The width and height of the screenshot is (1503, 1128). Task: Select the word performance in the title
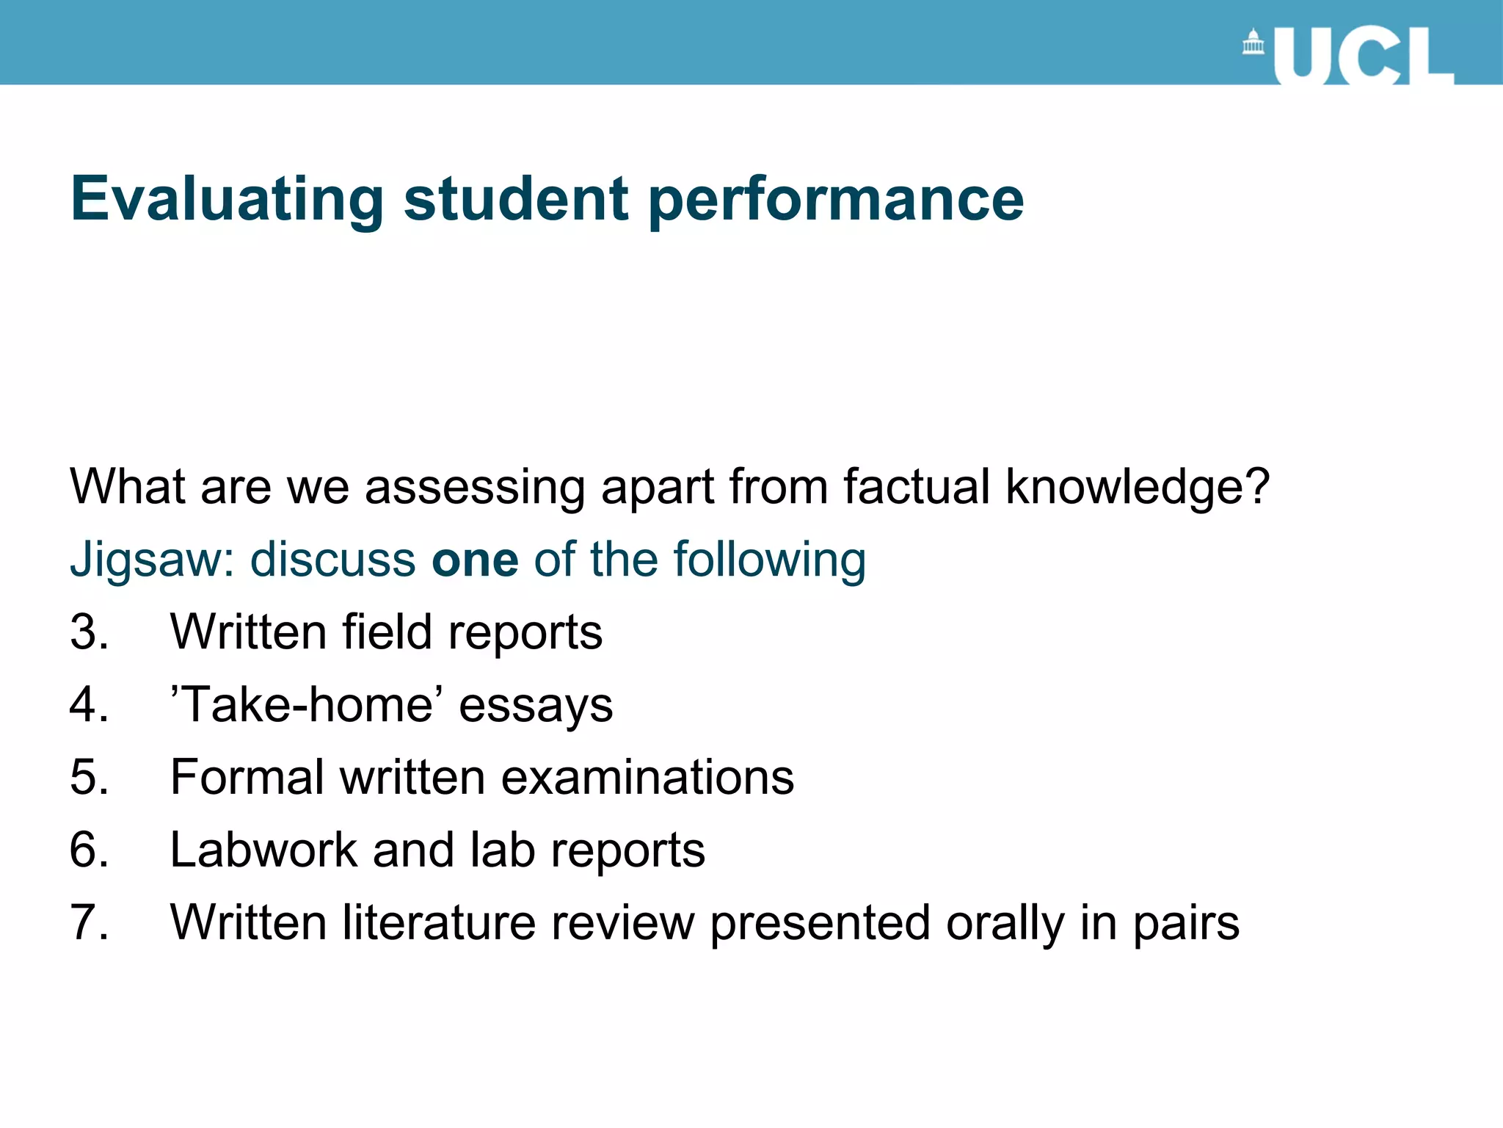pyautogui.click(x=836, y=200)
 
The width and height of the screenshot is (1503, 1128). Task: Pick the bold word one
pyautogui.click(x=475, y=560)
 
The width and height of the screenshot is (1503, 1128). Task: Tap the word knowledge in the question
pyautogui.click(x=1137, y=488)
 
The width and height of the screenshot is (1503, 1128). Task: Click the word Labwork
pyautogui.click(x=263, y=850)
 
